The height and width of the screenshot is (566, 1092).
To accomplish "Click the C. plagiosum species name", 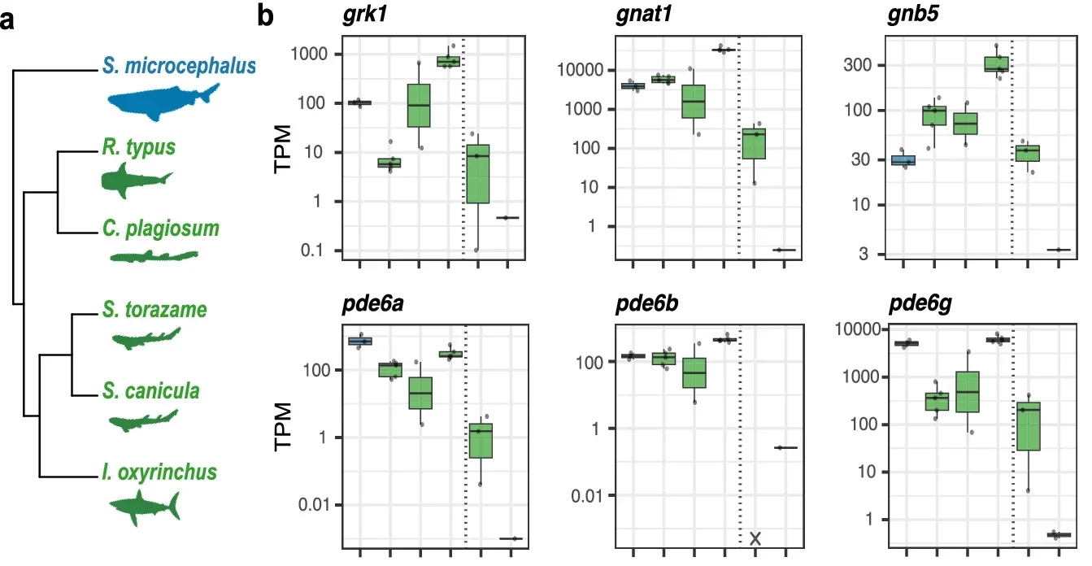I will click(161, 228).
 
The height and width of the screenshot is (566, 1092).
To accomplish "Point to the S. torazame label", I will click(154, 310).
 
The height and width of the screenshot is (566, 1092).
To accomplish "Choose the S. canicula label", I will click(151, 392).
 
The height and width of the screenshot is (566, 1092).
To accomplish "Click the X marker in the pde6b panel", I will click(755, 538).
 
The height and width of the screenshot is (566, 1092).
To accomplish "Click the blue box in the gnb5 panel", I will click(903, 160).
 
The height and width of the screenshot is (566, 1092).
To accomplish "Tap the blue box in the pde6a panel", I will click(359, 341).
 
